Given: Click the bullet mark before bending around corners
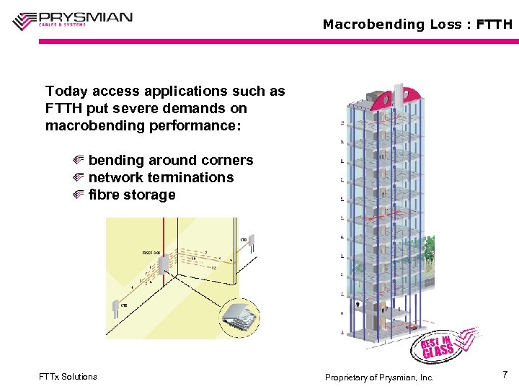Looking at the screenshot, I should pos(79,160).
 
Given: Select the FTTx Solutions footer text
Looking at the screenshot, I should pos(68,377).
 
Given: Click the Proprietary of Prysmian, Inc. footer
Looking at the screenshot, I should pos(379,377).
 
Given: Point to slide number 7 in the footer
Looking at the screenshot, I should pos(505,375).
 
